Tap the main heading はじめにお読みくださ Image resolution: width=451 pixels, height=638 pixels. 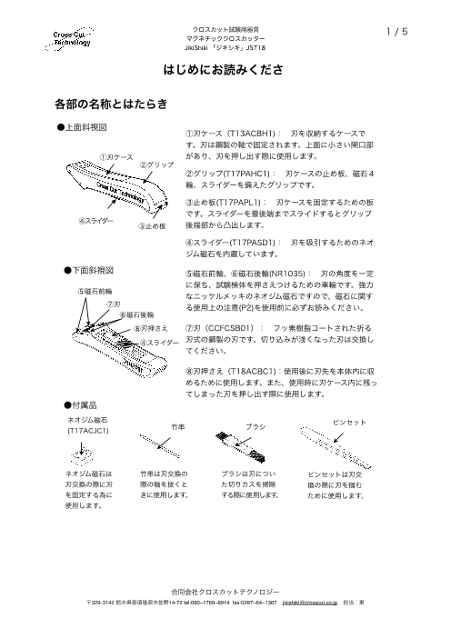click(225, 70)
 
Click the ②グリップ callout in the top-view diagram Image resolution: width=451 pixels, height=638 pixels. click(156, 164)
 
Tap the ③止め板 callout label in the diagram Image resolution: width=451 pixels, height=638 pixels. click(152, 225)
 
